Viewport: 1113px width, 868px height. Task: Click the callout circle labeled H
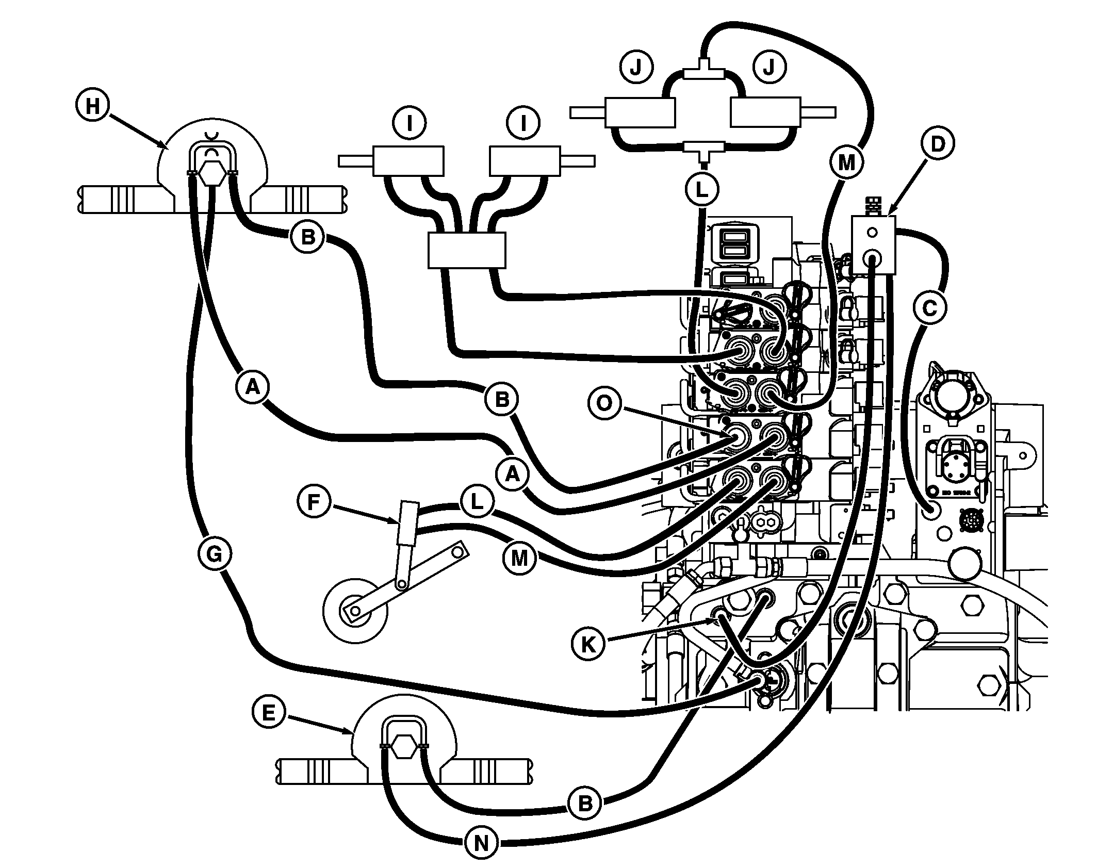click(92, 106)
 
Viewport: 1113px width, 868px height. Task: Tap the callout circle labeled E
click(269, 712)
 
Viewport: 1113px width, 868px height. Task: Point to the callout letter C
click(929, 308)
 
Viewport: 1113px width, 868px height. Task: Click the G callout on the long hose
click(214, 554)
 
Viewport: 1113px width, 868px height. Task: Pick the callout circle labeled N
click(481, 843)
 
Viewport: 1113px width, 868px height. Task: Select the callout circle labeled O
click(604, 403)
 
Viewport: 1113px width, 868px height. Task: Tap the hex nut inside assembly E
click(403, 746)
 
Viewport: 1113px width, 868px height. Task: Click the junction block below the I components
click(467, 250)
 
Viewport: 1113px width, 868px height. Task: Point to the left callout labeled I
click(409, 124)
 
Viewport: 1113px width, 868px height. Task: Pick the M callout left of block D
click(846, 163)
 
